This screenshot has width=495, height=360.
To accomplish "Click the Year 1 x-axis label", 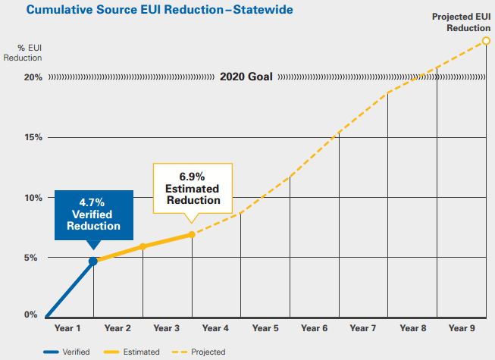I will (x=69, y=328).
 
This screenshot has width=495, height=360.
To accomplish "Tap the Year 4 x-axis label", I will (x=215, y=328).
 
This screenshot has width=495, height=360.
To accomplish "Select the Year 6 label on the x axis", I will (x=314, y=328).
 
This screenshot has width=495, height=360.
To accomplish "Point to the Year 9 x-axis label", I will (x=462, y=328).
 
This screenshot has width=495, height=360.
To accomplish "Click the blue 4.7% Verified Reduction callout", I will (x=94, y=214).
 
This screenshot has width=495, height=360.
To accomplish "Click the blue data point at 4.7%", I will (x=93, y=261).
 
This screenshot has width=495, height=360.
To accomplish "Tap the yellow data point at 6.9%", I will (x=192, y=234).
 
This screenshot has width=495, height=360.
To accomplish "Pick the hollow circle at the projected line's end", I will (x=485, y=40).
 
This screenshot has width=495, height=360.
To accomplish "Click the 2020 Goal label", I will (x=246, y=77).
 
